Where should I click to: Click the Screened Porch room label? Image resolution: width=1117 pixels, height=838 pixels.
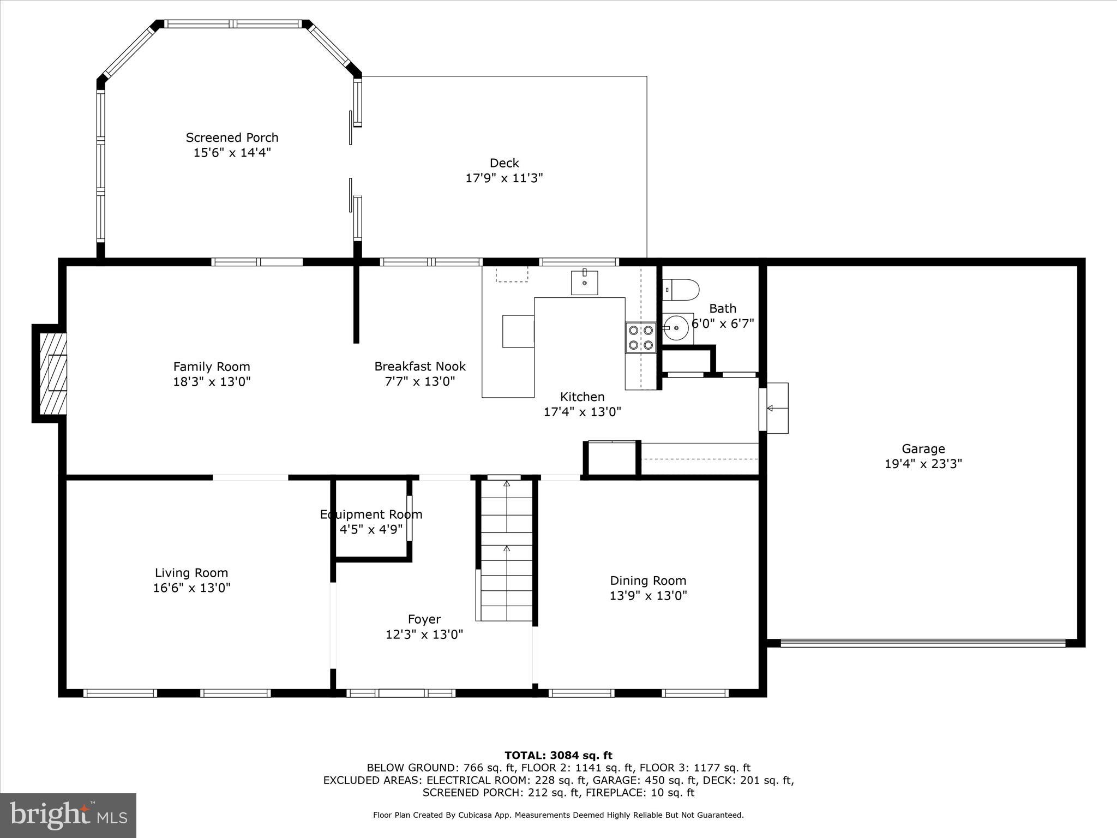coord(232,137)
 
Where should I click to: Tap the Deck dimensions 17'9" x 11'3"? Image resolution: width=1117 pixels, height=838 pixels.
coord(504,178)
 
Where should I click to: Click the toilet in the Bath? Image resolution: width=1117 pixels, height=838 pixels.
coord(681,290)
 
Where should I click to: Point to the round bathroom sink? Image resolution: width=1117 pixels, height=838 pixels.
coord(676,328)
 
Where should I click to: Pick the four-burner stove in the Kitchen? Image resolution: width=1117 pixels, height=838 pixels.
coord(640,337)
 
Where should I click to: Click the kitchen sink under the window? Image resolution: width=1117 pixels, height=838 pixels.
coord(584,283)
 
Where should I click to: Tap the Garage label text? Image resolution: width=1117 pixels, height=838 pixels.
coord(923,448)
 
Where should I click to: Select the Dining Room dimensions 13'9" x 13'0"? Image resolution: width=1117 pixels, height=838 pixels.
coord(648,595)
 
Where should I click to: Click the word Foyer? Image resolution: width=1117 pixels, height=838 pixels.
coord(424,619)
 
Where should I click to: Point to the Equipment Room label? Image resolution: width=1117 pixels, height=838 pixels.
coord(371,514)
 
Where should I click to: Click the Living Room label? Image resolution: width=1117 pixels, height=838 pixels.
coord(191,573)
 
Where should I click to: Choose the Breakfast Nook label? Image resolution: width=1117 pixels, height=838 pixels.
coord(420,366)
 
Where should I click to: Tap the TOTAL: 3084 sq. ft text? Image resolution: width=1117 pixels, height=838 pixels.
coord(558,755)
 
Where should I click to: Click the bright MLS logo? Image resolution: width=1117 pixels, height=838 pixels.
coord(68,815)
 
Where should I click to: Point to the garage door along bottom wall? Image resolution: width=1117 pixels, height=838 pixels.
coord(923,643)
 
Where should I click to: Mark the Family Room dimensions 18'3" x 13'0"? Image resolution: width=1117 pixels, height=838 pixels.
coord(212,381)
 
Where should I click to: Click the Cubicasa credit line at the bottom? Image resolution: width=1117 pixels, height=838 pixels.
coord(558,815)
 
